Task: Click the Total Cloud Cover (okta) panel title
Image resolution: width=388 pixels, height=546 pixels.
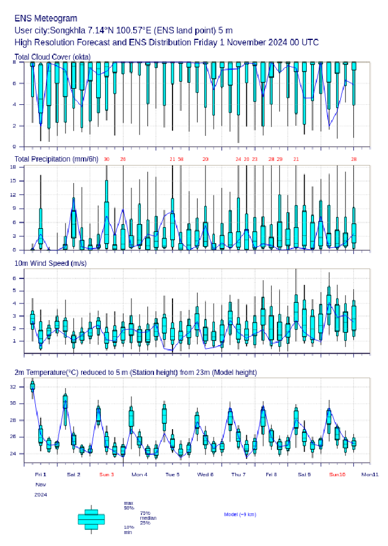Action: point(52,57)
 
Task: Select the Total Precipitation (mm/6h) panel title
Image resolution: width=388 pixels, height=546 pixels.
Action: point(57,159)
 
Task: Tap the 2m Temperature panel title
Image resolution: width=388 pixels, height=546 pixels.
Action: point(136,373)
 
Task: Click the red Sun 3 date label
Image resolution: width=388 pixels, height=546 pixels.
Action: point(106,474)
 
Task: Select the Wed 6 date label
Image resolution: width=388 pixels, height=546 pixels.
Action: point(205,474)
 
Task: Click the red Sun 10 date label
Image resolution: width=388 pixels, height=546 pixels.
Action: point(337,474)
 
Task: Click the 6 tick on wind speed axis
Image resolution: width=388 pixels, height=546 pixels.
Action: point(19,278)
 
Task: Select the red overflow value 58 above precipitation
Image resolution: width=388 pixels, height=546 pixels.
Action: point(181,159)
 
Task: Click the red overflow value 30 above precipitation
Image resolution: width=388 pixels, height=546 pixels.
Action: point(106,159)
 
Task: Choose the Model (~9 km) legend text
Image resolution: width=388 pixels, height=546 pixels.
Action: point(240,514)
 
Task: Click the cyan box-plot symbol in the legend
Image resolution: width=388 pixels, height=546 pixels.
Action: point(91,519)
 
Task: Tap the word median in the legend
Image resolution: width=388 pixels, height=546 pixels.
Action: point(148,518)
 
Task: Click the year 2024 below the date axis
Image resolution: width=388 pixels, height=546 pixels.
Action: point(41,495)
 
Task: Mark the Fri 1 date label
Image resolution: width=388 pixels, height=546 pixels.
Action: point(41,474)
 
